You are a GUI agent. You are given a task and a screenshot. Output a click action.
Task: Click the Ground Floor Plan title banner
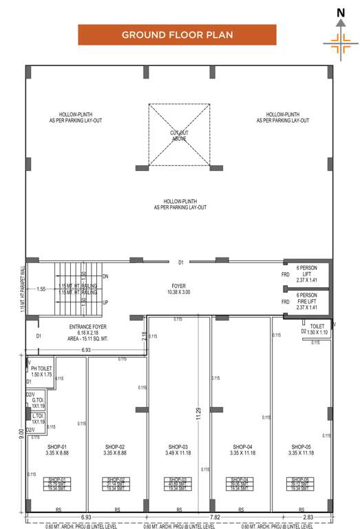(177, 34)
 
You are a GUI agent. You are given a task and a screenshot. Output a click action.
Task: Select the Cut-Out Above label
(179, 135)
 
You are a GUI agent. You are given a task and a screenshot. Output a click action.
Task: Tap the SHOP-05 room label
(300, 449)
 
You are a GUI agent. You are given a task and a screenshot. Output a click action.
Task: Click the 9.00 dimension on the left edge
(21, 434)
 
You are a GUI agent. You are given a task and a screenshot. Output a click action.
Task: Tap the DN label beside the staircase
(105, 276)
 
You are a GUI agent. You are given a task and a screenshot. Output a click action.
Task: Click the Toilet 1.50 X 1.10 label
(317, 329)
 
